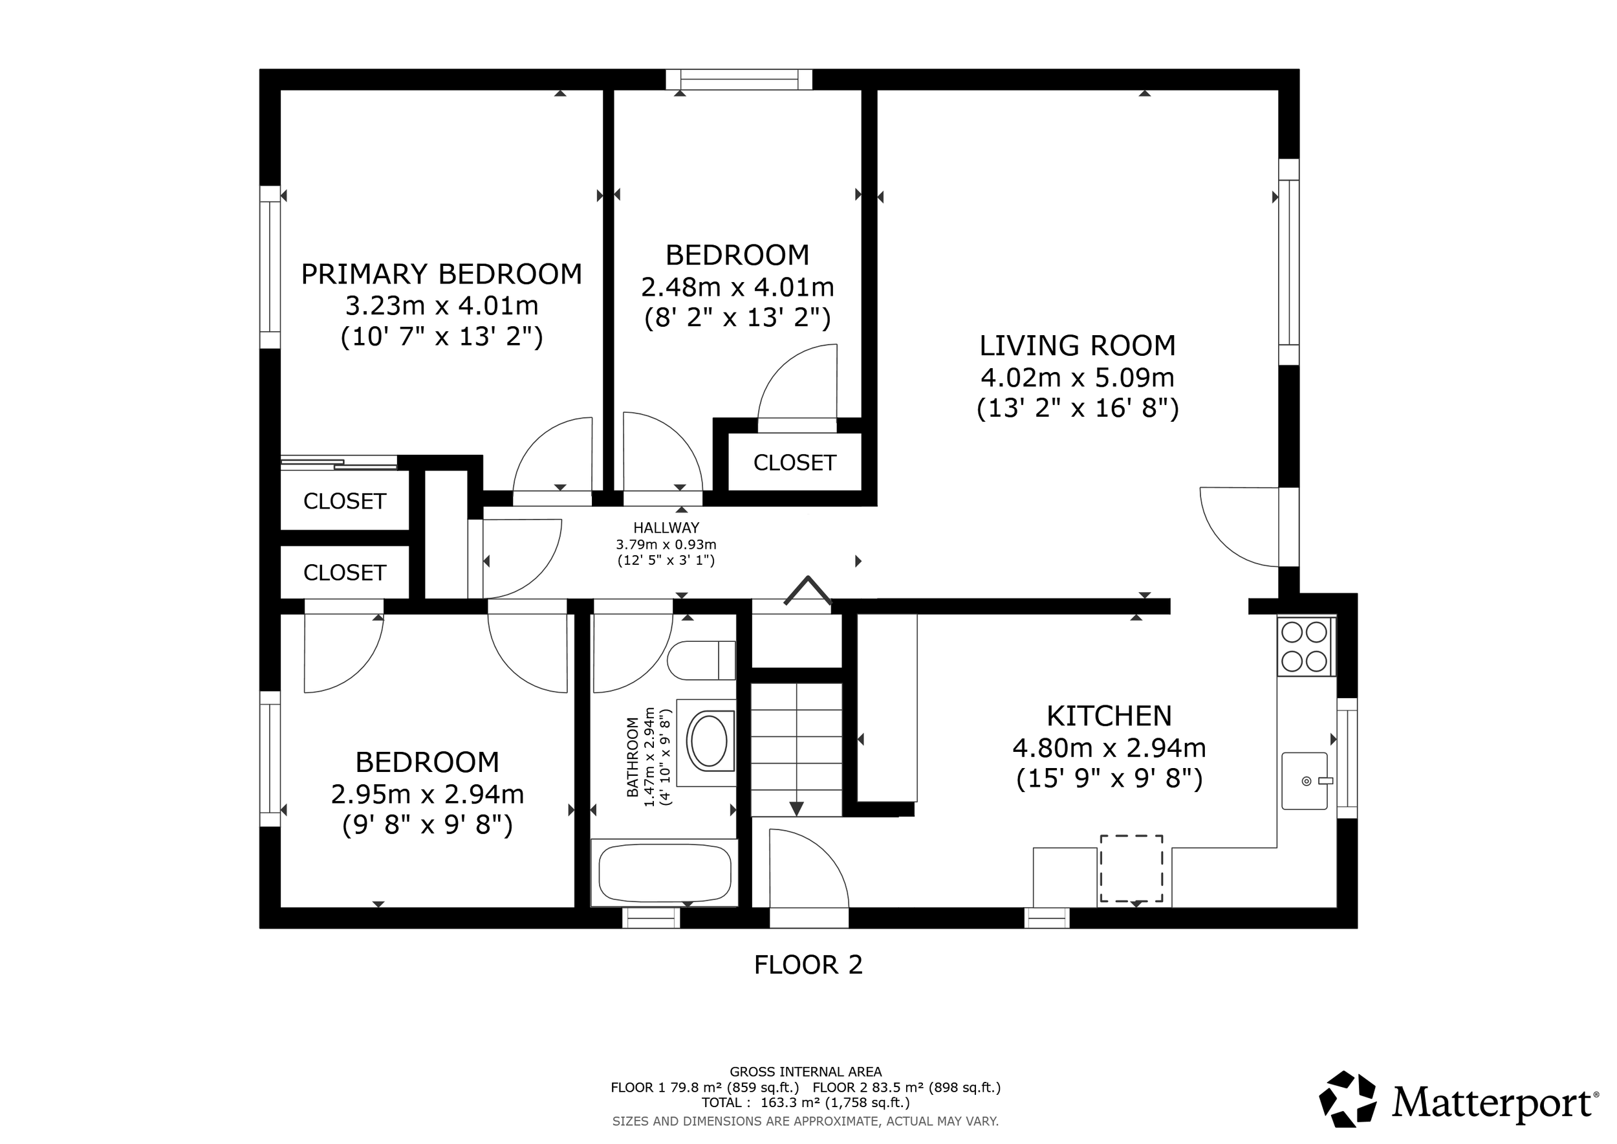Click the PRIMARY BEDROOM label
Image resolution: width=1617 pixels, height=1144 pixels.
click(x=442, y=274)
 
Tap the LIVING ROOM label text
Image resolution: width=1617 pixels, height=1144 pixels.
click(x=1078, y=346)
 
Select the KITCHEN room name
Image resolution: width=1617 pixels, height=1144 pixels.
click(x=1109, y=716)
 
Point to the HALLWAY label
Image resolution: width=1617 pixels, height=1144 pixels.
click(x=666, y=527)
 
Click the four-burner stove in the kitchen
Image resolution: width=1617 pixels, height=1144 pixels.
click(x=1305, y=646)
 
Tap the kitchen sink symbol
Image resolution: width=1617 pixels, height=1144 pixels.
click(x=1305, y=780)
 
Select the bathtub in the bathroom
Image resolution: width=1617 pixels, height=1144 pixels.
click(x=664, y=874)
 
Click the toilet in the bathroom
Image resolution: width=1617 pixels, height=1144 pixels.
click(x=700, y=660)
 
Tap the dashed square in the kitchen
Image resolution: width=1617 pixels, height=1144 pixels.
click(x=1131, y=868)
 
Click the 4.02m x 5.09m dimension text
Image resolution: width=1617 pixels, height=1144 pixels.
click(x=1078, y=379)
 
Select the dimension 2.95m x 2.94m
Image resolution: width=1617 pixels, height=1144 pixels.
click(x=428, y=795)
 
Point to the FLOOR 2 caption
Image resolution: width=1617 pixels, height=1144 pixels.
click(x=808, y=965)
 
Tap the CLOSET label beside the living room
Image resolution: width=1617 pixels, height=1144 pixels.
click(x=794, y=463)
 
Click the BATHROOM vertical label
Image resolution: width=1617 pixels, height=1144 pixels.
click(x=633, y=757)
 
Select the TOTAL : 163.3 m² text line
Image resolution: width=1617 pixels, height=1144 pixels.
click(x=805, y=1103)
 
